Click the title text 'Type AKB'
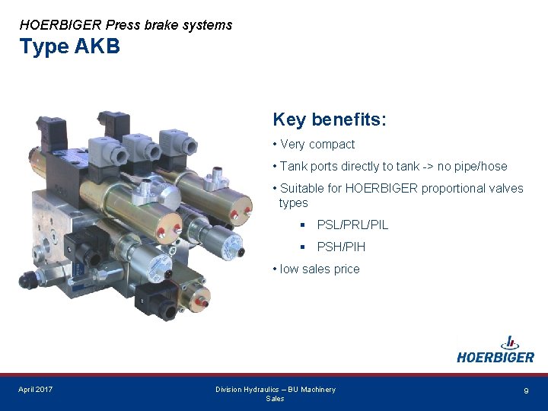[x=70, y=47]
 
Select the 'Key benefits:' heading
[x=330, y=120]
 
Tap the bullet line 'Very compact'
[x=317, y=144]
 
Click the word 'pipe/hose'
[x=481, y=166]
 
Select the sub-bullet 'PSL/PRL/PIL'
[x=352, y=225]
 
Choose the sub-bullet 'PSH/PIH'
[x=341, y=247]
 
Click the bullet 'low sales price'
[x=320, y=269]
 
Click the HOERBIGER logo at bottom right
[x=495, y=350]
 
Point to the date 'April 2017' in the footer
[x=36, y=390]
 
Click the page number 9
[x=526, y=390]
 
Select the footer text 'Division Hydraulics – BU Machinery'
[x=275, y=390]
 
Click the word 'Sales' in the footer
[x=275, y=399]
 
